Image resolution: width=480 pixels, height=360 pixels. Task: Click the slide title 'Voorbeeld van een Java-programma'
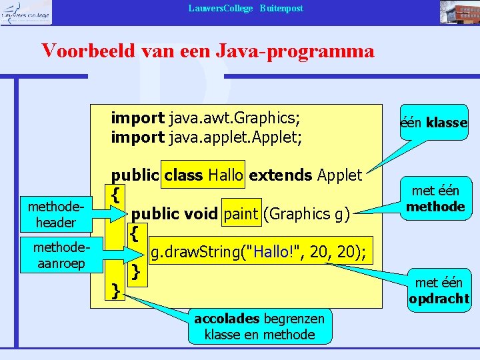pos(207,51)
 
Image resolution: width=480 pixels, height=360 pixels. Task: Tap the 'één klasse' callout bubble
pos(434,123)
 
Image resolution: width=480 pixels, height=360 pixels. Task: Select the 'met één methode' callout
pos(435,199)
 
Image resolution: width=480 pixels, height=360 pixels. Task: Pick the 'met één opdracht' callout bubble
pos(439,291)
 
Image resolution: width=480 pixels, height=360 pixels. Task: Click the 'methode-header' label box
pos(51,214)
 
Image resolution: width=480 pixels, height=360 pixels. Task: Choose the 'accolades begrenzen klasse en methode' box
pos(259,327)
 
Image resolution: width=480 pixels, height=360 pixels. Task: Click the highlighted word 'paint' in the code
pos(241,214)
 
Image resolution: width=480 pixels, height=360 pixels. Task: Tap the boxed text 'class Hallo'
pos(203,175)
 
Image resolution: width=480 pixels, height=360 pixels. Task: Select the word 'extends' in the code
pos(280,175)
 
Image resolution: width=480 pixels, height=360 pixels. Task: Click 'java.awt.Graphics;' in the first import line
pos(234,119)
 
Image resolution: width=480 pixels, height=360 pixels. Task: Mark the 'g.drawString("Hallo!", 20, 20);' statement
pos(261,252)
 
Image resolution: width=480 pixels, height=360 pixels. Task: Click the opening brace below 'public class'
pos(116,195)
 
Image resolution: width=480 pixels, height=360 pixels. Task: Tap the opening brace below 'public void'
pos(135,233)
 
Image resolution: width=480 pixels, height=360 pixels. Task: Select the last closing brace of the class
pos(116,290)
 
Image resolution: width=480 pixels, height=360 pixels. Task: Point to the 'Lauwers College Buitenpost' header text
pos(245,8)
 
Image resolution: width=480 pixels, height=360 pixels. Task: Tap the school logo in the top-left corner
pos(25,12)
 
